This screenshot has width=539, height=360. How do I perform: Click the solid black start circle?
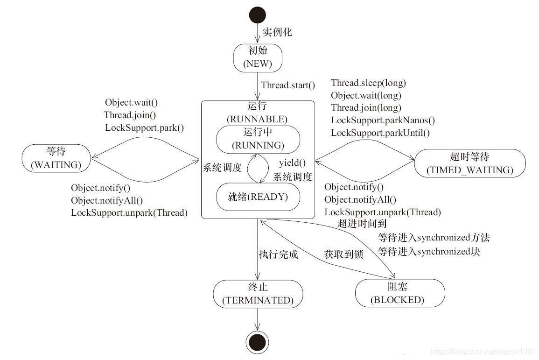tap(258, 15)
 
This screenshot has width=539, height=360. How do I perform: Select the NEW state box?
tap(258, 57)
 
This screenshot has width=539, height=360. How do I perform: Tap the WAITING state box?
tap(56, 158)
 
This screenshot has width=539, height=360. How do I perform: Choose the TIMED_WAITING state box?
tap(469, 163)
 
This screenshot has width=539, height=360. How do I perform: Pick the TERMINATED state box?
tap(258, 294)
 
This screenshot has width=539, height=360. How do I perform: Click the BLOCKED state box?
tap(397, 293)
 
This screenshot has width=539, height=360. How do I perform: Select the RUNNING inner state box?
tap(258, 139)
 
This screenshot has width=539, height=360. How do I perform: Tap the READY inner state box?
tap(258, 197)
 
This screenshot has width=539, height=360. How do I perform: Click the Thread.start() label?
tap(288, 85)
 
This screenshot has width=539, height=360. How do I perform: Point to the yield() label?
tap(292, 163)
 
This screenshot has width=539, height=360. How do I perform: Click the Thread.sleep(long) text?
tap(368, 83)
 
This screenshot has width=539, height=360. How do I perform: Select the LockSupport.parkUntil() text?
tap(380, 133)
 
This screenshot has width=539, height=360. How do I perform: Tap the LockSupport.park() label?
tap(144, 127)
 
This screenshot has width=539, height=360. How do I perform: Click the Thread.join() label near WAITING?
tap(130, 115)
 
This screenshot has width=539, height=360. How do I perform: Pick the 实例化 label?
tap(277, 32)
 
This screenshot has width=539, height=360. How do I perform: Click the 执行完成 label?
tap(278, 255)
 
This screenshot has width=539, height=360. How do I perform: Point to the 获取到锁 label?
tap(343, 255)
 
